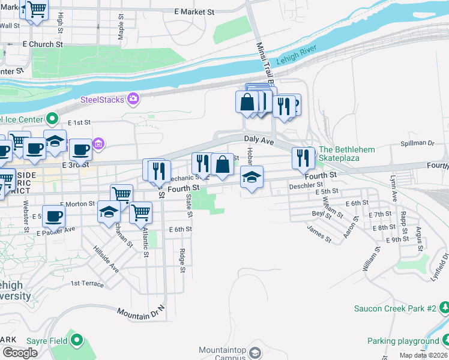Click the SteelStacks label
pos(103,99)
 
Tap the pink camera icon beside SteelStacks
pos(133,98)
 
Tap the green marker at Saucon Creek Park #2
pos(444,308)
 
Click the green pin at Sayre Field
pos(76,341)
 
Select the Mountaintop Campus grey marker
pos(255,352)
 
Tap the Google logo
pos(20,353)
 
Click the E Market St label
pos(194,12)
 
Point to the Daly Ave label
pos(259,140)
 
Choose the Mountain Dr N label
pos(141,313)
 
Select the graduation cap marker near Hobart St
pos(252,177)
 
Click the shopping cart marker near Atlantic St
pos(140,212)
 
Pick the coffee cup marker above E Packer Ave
pos(53,216)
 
